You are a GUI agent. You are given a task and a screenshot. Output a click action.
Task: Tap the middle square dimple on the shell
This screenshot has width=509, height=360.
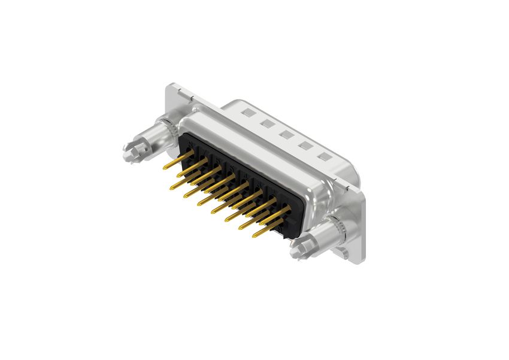[x=286, y=135]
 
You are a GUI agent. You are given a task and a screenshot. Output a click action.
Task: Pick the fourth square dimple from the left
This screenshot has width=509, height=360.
[x=305, y=146]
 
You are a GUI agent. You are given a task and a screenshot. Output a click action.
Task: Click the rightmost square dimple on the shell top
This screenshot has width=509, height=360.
[x=325, y=157]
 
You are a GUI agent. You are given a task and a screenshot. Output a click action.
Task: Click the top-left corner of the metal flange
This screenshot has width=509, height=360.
[x=170, y=86]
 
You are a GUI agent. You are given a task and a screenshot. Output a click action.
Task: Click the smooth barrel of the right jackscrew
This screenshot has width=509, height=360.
[x=317, y=237]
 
